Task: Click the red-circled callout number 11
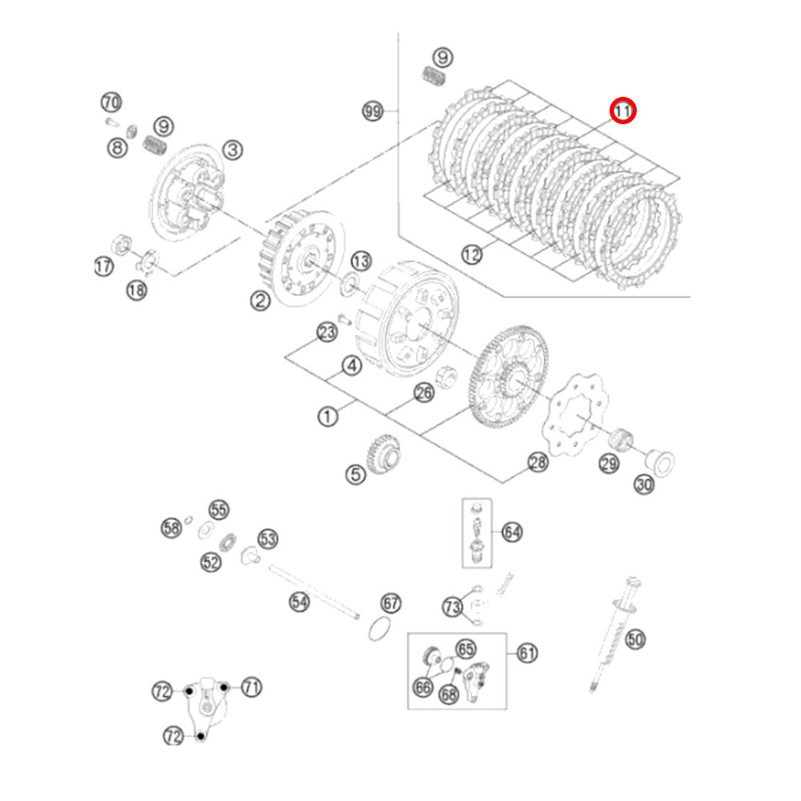622,111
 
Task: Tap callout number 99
372,111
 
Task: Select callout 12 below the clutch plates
472,254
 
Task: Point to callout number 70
111,103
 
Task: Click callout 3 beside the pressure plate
232,151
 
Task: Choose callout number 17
103,266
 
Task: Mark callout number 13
360,261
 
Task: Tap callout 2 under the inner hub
260,300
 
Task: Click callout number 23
327,332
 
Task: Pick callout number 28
537,463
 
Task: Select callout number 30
644,485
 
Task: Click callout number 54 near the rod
300,602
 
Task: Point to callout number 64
512,533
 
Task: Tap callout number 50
635,639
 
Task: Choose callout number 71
252,687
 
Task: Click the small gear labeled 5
384,454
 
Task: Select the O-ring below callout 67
380,629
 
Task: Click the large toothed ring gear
508,377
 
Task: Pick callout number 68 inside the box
449,694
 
